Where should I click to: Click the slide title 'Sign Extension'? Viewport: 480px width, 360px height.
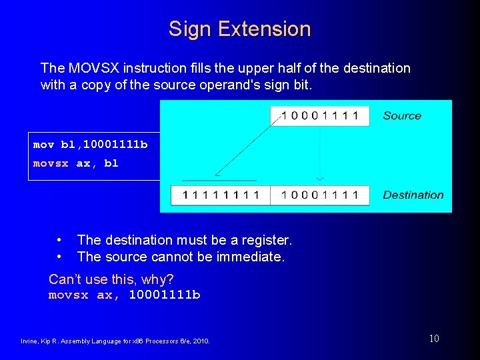239,29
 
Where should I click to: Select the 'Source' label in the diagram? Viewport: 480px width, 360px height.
402,116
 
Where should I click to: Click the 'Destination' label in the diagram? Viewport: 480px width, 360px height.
413,195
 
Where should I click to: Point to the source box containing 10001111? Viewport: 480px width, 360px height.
319,116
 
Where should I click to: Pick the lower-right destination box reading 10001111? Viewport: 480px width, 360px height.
319,195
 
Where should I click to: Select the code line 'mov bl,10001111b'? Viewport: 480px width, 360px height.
91,145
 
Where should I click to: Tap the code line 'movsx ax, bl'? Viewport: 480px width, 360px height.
76,163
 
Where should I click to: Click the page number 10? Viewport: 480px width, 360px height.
434,339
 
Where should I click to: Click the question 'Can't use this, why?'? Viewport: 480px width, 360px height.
111,279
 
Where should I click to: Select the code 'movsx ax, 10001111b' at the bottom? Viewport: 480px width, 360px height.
125,295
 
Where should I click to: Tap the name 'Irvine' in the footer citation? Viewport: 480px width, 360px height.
29,341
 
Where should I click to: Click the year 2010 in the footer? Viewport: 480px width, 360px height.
201,341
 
